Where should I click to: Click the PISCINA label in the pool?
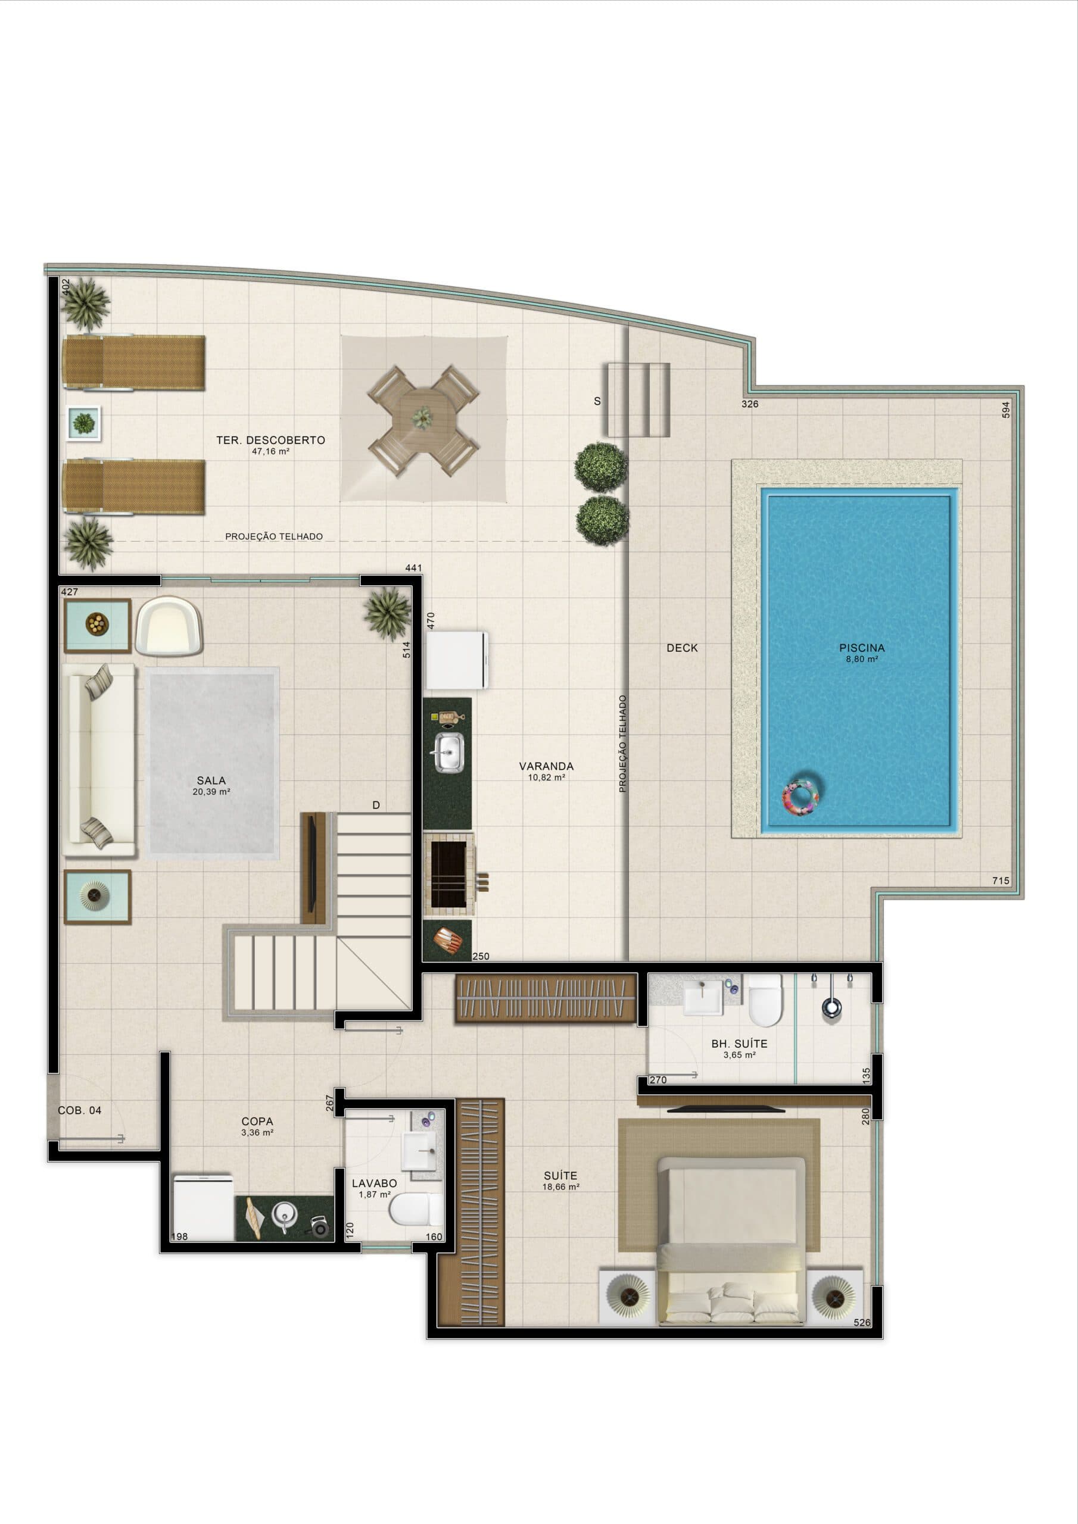click(861, 648)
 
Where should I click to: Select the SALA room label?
click(211, 780)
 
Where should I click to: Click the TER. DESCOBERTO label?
click(270, 440)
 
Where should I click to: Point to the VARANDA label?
click(546, 766)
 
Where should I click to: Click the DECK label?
click(682, 648)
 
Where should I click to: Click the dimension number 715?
click(1001, 881)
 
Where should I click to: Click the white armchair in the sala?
click(169, 625)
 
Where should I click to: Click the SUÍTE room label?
click(560, 1176)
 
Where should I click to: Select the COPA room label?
click(257, 1121)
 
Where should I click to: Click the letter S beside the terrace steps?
click(597, 401)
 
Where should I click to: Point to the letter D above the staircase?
click(376, 805)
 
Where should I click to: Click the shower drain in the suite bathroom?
click(831, 1008)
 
